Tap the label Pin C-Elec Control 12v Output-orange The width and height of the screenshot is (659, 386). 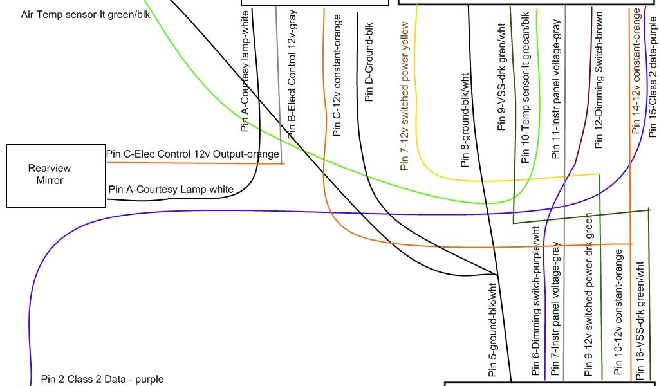pyautogui.click(x=192, y=154)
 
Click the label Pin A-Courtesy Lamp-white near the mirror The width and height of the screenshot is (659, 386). pyautogui.click(x=171, y=189)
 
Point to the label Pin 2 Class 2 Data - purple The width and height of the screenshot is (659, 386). pyautogui.click(x=102, y=379)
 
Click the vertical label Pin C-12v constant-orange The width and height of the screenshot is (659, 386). pyautogui.click(x=337, y=76)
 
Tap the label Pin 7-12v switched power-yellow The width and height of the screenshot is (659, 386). pyautogui.click(x=405, y=95)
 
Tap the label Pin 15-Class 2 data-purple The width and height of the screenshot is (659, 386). pyautogui.click(x=653, y=75)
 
